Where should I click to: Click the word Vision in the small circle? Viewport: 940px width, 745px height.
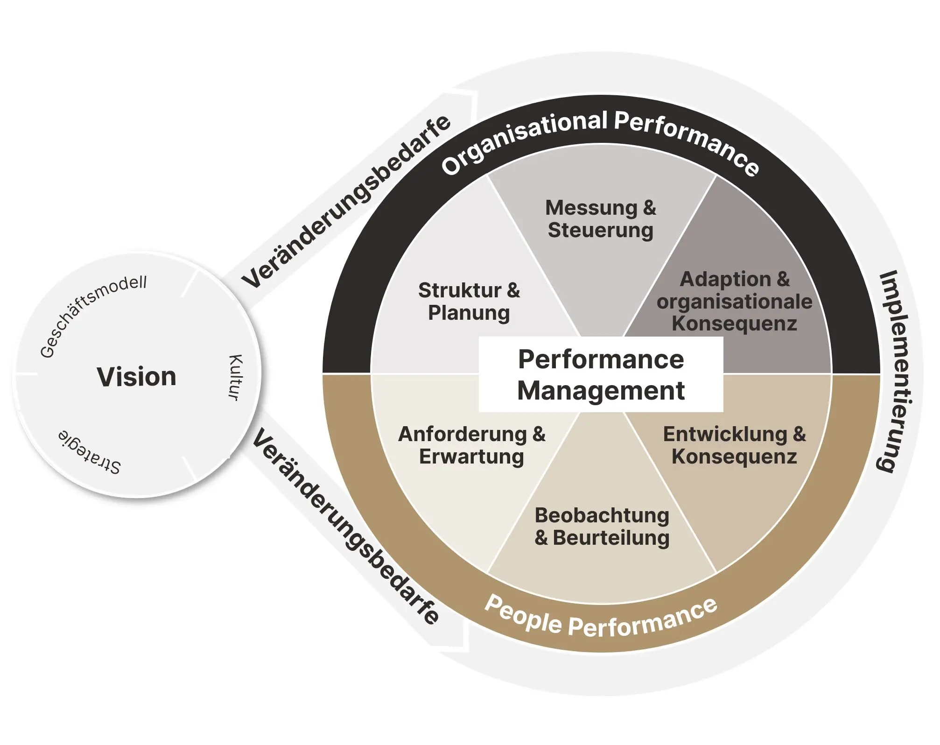coord(136,377)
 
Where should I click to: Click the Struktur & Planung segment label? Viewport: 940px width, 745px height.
coord(469,302)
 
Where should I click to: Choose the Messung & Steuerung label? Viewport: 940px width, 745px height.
coord(601,219)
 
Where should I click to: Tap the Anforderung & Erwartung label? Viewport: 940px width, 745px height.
coord(471,445)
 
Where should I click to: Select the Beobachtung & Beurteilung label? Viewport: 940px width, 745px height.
coord(602,527)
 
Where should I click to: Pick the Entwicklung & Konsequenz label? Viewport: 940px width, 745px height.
coord(734,445)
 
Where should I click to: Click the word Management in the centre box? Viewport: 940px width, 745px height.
coord(601,391)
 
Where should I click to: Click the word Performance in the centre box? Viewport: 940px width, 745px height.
coord(601,359)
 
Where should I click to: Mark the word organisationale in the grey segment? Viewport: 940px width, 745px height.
coord(734,302)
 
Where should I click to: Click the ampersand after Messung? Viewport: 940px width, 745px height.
coord(649,208)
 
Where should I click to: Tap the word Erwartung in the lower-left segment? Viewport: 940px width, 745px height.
coord(471,457)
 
